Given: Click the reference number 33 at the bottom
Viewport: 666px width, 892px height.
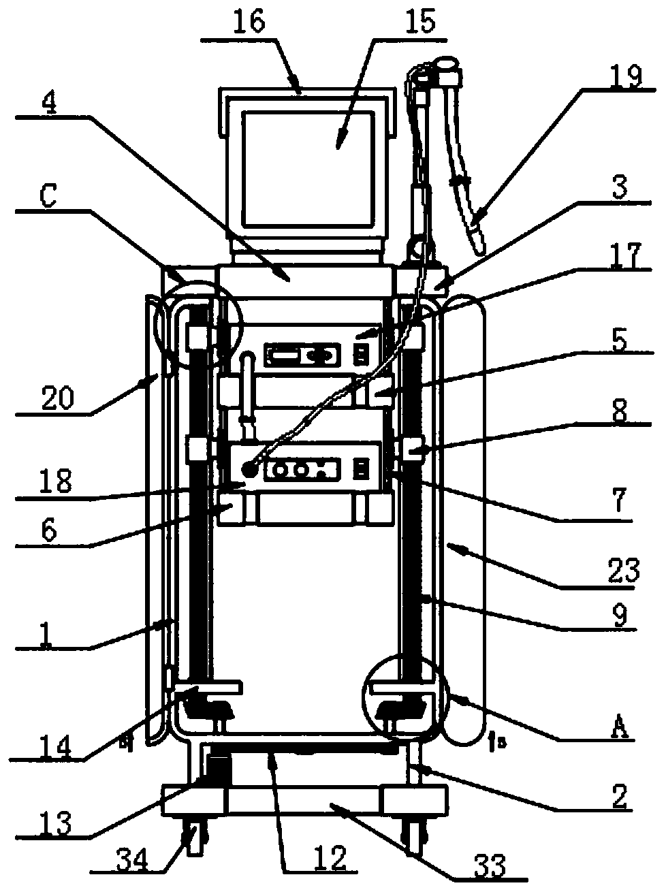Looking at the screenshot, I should click(489, 865).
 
